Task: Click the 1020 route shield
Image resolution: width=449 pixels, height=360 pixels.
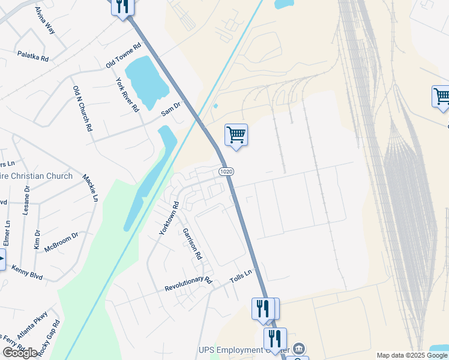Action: click(x=226, y=172)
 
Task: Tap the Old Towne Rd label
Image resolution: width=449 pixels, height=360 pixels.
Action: click(x=123, y=55)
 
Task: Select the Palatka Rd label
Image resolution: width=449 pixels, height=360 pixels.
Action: click(x=33, y=56)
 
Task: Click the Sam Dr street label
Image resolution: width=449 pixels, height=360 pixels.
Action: click(x=170, y=109)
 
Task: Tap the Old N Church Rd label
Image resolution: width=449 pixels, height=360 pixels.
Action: click(x=82, y=109)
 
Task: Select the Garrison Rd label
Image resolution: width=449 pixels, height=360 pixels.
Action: click(x=193, y=243)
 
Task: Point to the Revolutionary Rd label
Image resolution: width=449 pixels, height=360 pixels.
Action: click(x=188, y=284)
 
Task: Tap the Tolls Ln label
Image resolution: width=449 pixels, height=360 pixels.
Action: click(x=241, y=279)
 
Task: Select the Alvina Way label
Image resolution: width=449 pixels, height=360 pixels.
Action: click(x=44, y=20)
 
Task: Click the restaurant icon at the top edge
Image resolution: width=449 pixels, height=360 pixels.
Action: click(x=122, y=7)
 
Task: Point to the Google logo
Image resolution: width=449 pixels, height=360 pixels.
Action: click(x=20, y=353)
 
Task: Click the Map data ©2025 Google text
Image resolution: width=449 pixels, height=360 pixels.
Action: click(x=412, y=355)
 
